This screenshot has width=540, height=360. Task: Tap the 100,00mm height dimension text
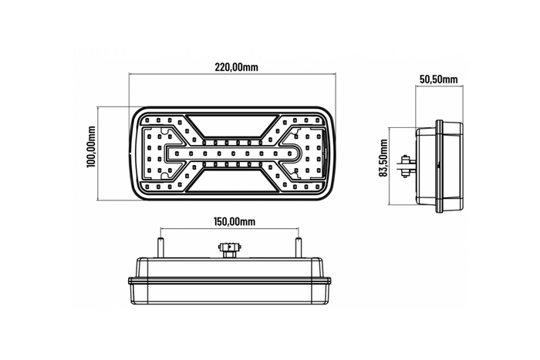coord(92,150)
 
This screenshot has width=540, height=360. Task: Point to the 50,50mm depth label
coord(439,79)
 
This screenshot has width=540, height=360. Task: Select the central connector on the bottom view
coord(230,250)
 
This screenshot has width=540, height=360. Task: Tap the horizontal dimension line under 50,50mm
coord(439,86)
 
